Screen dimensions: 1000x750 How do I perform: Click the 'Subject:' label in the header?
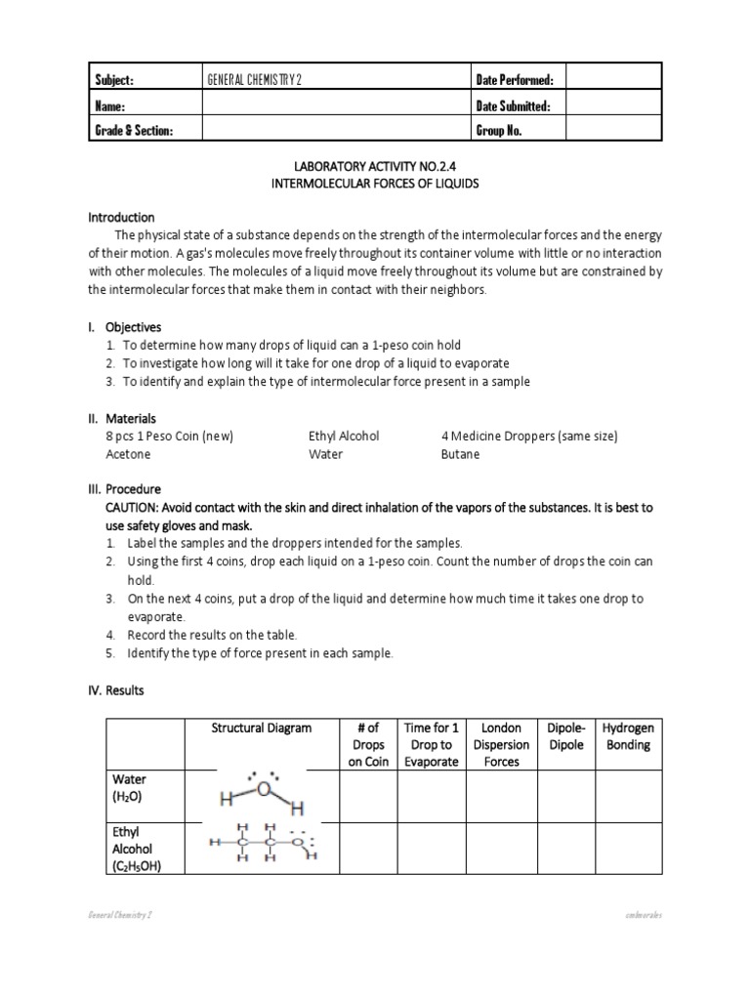113,80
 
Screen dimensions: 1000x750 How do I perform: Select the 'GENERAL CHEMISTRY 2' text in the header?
254,80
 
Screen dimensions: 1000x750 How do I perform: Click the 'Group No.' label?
501,131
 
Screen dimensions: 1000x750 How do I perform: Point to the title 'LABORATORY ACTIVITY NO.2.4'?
374,166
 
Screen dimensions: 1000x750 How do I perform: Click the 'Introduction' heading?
122,217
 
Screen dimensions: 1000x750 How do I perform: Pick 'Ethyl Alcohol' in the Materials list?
344,437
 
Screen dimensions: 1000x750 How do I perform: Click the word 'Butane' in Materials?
461,454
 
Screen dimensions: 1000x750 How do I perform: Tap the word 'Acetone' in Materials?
128,454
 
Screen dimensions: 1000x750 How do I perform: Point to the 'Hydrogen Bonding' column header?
628,736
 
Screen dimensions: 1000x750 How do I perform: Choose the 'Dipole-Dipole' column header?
566,736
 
